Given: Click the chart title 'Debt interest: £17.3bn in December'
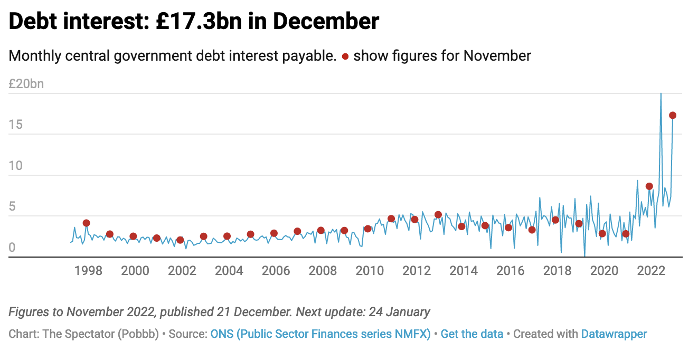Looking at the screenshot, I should (194, 22).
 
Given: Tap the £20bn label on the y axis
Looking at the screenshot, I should (26, 84).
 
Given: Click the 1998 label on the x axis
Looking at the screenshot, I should (88, 271).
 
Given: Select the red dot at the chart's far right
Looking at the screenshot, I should (673, 115).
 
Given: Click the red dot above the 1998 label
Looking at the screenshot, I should (87, 223).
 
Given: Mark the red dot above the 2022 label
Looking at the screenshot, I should (649, 186).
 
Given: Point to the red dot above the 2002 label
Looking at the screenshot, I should (180, 240).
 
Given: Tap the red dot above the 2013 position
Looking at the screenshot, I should (438, 214).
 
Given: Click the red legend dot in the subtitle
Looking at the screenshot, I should (345, 56).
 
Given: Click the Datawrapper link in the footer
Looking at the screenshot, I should (614, 334).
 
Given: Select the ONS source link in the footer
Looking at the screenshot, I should (320, 334).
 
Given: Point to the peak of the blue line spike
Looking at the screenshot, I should (661, 94).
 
